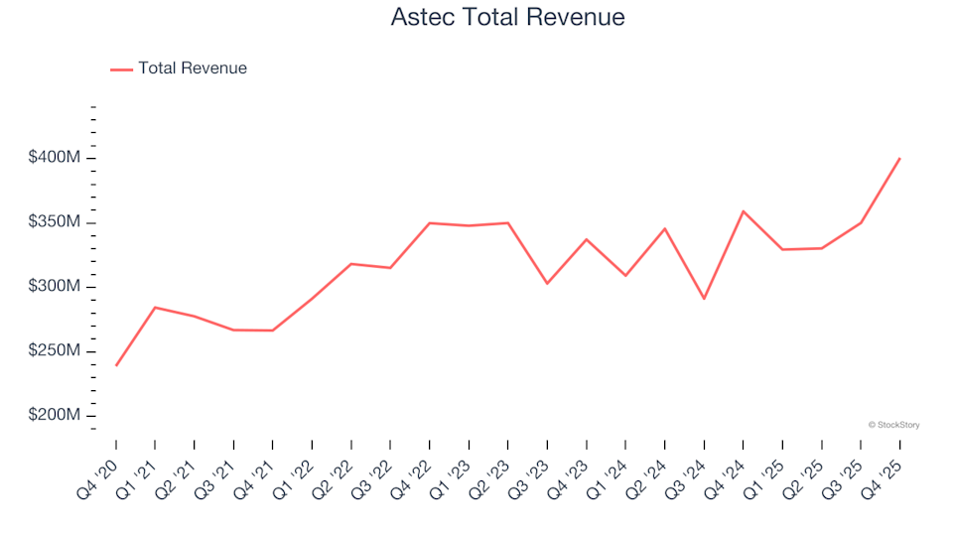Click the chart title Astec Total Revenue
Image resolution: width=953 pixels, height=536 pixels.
click(507, 18)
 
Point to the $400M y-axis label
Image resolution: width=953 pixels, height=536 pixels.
click(54, 158)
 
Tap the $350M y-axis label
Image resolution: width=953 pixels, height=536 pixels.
click(54, 222)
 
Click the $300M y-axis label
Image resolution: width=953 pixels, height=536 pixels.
click(54, 287)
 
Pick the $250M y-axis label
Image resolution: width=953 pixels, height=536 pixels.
click(54, 351)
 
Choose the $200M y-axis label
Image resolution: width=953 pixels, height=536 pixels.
click(54, 415)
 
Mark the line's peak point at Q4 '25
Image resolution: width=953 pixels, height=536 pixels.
click(899, 158)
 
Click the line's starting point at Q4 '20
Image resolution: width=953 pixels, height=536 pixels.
click(115, 365)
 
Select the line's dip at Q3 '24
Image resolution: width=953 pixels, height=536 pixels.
click(704, 299)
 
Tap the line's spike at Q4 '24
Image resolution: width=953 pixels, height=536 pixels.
click(743, 211)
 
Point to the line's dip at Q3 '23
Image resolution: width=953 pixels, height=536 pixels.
click(547, 284)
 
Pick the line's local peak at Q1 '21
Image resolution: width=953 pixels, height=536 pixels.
click(155, 308)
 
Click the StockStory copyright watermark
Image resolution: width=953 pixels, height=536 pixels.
click(893, 425)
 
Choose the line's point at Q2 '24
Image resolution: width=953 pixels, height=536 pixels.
click(664, 229)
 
